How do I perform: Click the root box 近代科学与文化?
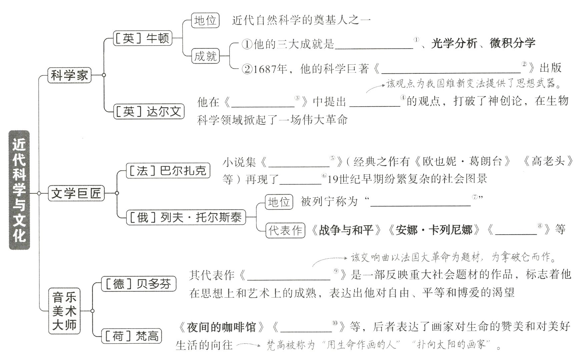tap(19, 190)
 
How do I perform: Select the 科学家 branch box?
tap(69, 75)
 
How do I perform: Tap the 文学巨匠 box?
tap(76, 193)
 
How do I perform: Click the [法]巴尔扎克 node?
tap(168, 170)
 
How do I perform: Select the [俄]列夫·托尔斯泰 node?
tap(186, 217)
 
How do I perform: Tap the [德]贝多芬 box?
tap(138, 284)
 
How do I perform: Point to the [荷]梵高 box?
tap(131, 336)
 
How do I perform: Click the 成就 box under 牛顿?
tap(205, 56)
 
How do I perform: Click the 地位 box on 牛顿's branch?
tap(205, 21)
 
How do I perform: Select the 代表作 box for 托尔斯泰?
tap(285, 230)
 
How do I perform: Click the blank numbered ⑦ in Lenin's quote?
tap(421, 202)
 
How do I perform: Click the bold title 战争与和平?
tap(346, 230)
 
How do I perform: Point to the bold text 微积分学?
tap(512, 44)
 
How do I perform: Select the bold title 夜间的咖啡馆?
tap(221, 327)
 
